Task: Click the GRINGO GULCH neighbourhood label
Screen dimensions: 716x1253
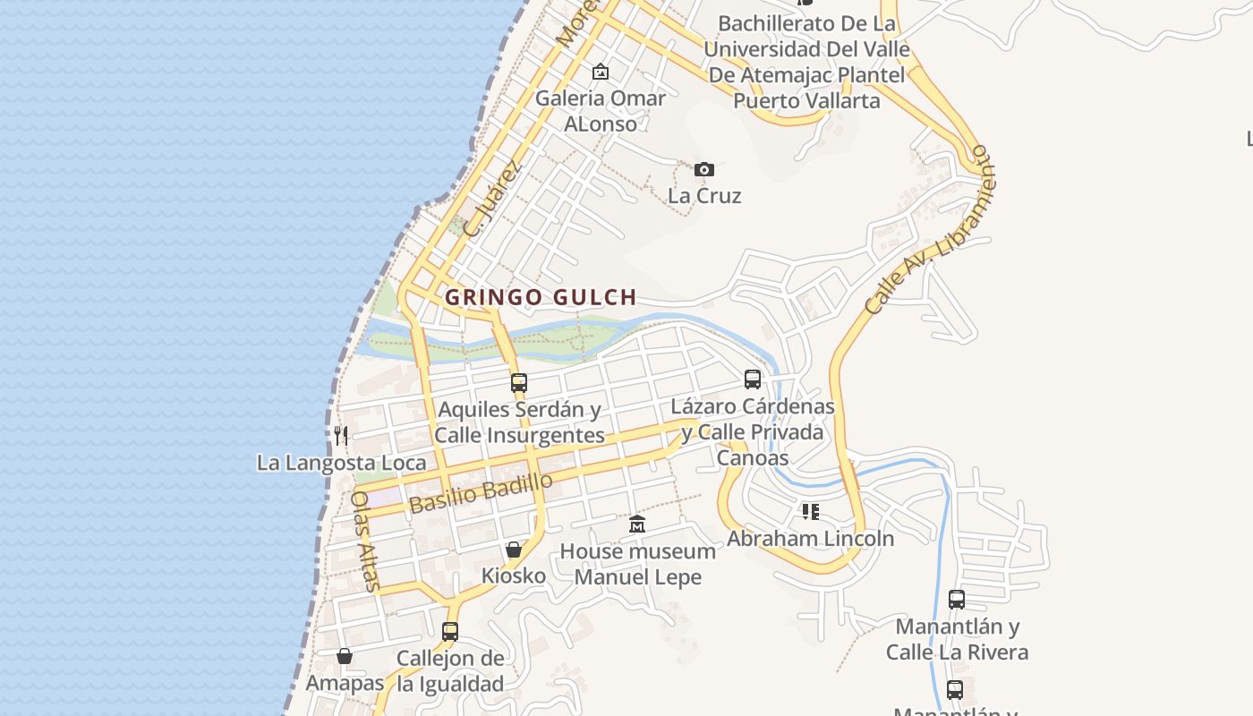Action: [x=541, y=297]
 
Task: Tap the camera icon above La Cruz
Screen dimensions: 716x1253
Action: [x=704, y=169]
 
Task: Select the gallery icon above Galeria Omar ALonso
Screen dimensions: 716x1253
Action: [x=600, y=72]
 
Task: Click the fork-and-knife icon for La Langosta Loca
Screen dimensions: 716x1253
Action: [x=341, y=436]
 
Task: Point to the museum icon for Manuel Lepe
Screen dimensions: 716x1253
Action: [x=637, y=524]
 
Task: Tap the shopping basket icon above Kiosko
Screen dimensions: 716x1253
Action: [x=514, y=549]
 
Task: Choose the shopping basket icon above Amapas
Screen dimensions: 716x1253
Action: [x=345, y=656]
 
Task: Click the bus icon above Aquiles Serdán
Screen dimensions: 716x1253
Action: [x=518, y=383]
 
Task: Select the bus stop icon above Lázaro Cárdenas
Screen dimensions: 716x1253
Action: [x=753, y=379]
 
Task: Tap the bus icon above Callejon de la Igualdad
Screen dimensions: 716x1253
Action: [x=450, y=631]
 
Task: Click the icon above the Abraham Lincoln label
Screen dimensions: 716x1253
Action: [x=811, y=512]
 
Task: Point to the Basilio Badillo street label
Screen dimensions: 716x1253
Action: [x=481, y=493]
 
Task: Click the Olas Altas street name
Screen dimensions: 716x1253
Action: [x=366, y=541]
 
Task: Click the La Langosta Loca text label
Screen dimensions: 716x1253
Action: [x=341, y=463]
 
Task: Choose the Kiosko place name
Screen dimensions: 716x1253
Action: [x=514, y=575]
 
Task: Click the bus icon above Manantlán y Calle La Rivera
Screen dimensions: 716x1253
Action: [x=957, y=600]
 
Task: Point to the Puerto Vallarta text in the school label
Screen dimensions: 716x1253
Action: [x=806, y=100]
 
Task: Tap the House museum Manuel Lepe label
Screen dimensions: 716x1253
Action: [x=637, y=564]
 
